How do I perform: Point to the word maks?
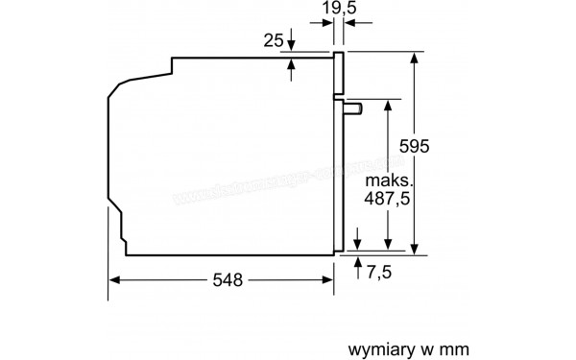388,179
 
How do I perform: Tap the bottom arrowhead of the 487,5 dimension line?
387,248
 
